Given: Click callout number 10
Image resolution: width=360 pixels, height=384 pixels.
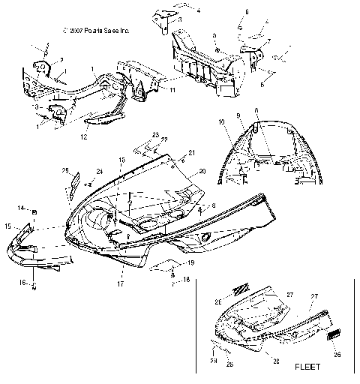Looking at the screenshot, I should pyautogui.click(x=221, y=121).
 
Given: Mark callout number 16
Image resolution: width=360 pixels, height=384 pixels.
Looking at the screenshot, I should pyautogui.click(x=22, y=283).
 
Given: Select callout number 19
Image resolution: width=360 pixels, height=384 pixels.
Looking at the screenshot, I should pyautogui.click(x=190, y=263).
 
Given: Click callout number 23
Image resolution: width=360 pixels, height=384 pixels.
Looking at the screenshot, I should pyautogui.click(x=156, y=135).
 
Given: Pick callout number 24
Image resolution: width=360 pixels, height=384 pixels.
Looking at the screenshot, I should pyautogui.click(x=99, y=172).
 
